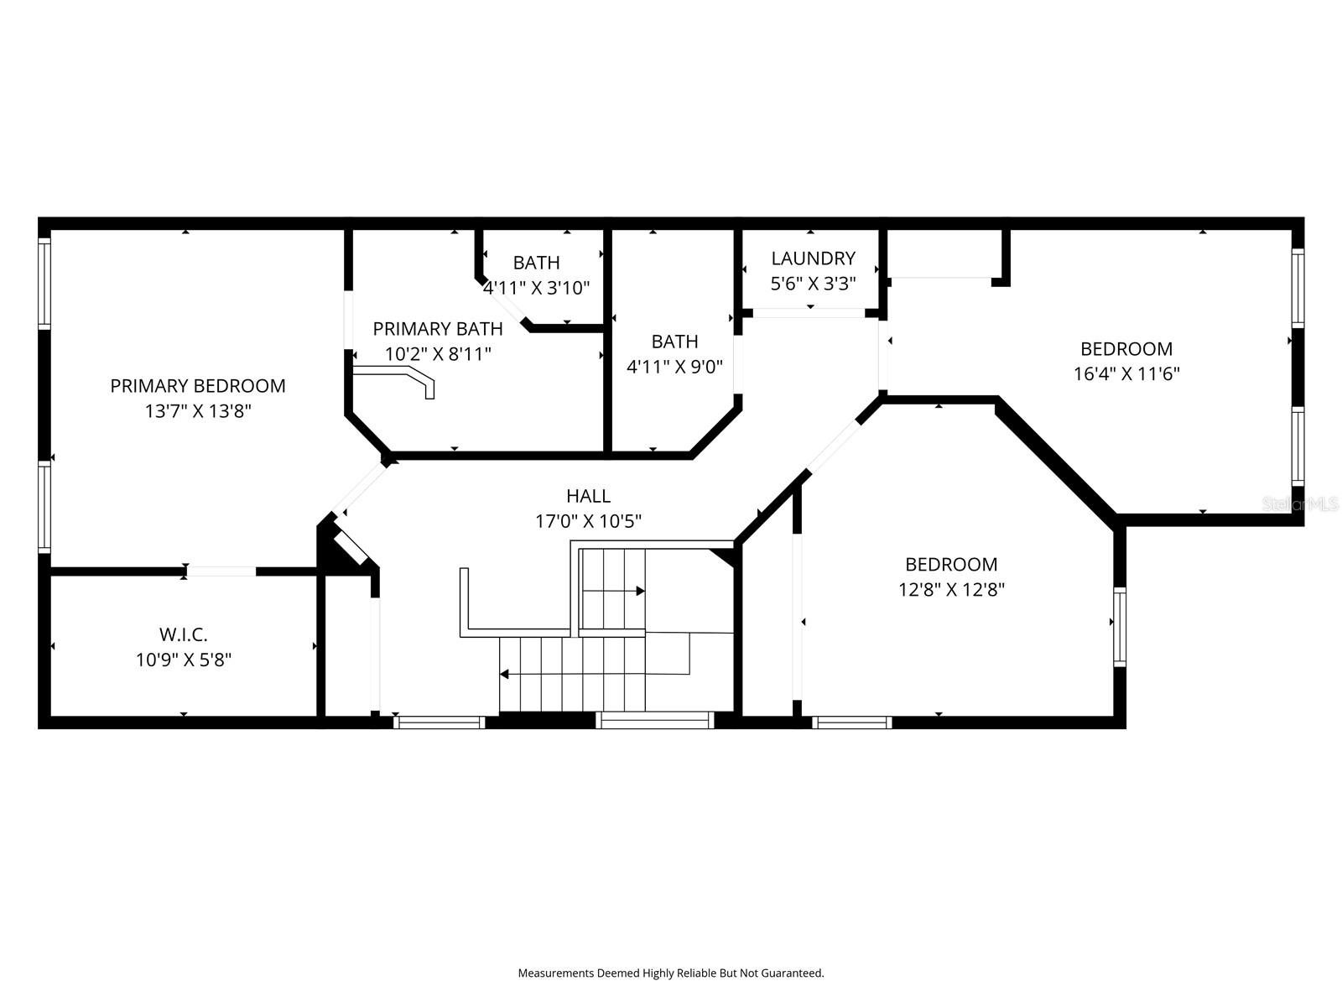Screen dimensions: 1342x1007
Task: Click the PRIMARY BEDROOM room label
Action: [197, 386]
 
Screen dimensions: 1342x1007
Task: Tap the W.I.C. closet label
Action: [184, 634]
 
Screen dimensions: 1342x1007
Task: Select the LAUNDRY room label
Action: [813, 258]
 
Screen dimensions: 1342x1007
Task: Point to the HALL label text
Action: [588, 496]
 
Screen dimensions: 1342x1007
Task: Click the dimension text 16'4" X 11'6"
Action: [1126, 373]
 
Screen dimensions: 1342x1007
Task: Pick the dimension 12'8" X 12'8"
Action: [951, 589]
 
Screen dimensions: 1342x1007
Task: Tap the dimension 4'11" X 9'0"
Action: [674, 367]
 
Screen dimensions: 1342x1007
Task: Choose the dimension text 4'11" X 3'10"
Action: [536, 287]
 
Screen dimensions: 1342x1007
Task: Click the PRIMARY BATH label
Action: [438, 329]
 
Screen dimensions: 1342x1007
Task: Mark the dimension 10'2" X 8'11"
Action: [438, 354]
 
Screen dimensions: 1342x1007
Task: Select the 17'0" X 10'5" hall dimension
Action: [588, 521]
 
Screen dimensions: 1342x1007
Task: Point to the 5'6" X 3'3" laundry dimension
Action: [813, 284]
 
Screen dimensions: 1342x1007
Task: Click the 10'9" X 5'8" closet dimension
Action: [184, 660]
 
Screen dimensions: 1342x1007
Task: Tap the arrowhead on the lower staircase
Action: [504, 675]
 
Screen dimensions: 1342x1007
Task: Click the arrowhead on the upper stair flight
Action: [640, 592]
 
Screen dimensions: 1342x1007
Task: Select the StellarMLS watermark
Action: [1300, 504]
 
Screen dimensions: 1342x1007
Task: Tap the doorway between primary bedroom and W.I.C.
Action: [221, 571]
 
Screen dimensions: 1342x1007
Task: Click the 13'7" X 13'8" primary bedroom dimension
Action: [197, 411]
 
